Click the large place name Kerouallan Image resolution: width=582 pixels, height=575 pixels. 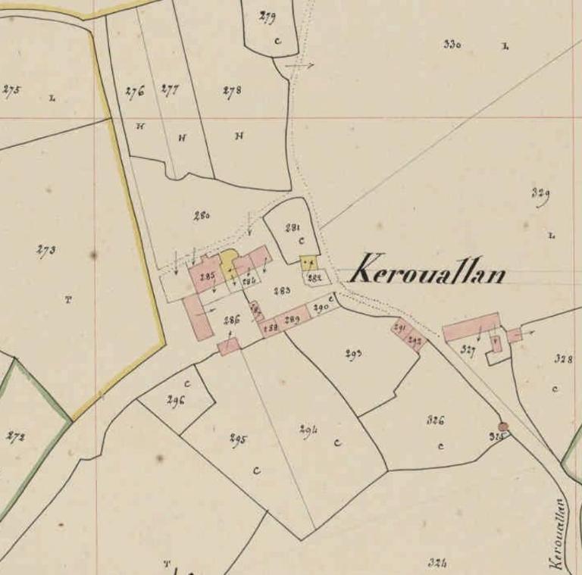tap(429, 270)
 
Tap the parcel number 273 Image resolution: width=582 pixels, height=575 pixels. tap(45, 250)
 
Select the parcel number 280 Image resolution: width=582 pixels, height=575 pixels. tap(201, 216)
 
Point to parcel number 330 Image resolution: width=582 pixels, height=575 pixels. tap(452, 44)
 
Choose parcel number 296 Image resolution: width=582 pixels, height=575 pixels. tap(176, 401)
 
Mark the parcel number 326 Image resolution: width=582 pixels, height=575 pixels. tap(435, 420)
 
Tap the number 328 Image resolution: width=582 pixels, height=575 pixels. tap(562, 359)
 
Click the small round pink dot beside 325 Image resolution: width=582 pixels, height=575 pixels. tap(502, 427)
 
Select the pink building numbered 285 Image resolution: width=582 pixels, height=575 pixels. tap(206, 276)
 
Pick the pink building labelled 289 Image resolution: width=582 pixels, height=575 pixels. tap(293, 320)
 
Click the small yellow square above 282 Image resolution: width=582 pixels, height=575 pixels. tap(308, 263)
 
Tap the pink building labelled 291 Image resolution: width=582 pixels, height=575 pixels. tap(400, 327)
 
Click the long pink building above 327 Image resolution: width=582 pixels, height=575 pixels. tap(471, 327)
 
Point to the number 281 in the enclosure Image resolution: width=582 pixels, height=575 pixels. tap(293, 227)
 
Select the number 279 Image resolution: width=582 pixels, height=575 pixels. tap(267, 17)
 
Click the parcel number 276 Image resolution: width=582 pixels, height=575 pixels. tap(134, 92)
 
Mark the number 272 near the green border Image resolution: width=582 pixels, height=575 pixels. tap(15, 437)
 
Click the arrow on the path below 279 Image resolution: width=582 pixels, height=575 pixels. tap(300, 67)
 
